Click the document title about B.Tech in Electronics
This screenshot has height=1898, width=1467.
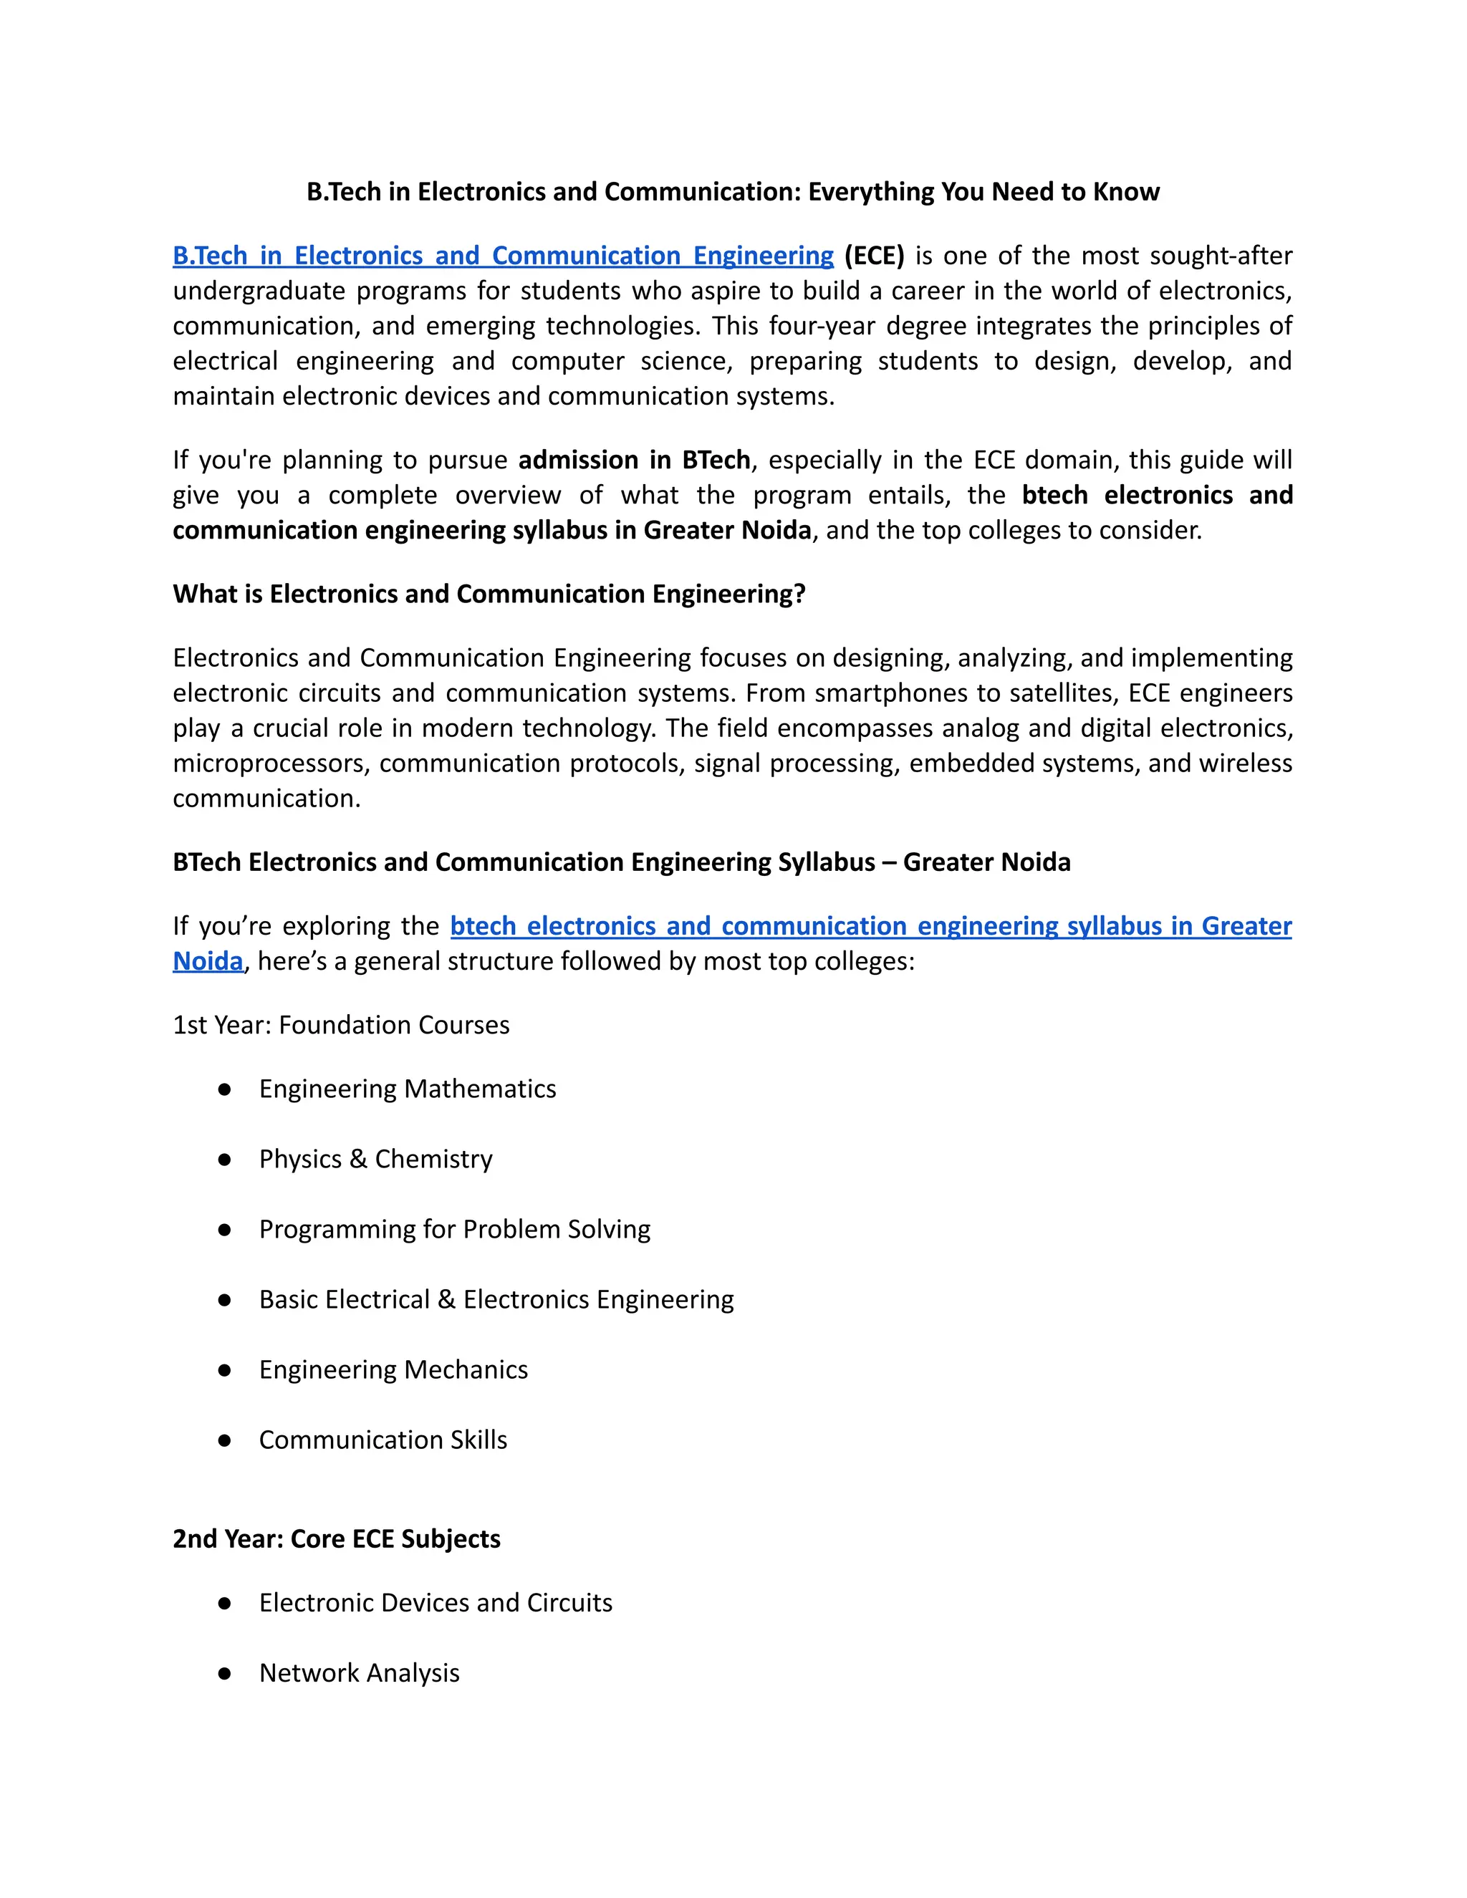coord(733,192)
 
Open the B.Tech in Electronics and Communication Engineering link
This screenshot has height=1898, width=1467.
coord(503,256)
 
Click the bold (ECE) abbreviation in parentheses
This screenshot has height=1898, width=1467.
coord(873,256)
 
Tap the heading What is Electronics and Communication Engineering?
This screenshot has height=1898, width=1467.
coord(489,594)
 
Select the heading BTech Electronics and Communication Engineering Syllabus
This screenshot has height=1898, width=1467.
coord(621,862)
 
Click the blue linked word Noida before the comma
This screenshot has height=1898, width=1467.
coord(208,961)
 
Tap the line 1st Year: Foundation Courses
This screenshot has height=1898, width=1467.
coord(341,1026)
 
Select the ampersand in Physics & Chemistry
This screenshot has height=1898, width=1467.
coord(358,1160)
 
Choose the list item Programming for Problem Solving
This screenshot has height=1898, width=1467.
coord(455,1230)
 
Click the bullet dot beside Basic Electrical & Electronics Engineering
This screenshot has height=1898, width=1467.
coord(224,1300)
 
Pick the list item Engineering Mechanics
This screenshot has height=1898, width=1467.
coord(393,1370)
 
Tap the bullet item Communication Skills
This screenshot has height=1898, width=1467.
coord(383,1440)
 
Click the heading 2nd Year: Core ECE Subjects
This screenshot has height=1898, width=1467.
coord(337,1539)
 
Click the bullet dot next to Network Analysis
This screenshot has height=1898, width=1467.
coord(224,1673)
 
